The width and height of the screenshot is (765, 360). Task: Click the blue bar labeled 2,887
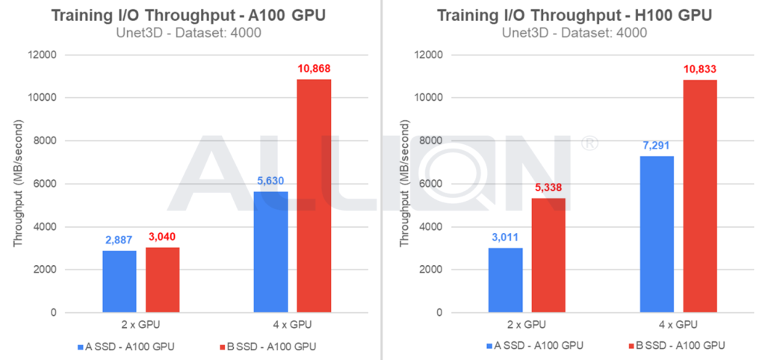tap(120, 282)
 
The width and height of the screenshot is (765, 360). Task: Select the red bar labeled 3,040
tap(162, 280)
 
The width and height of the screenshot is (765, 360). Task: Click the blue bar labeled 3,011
tap(506, 280)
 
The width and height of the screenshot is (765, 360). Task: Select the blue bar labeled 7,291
tap(657, 235)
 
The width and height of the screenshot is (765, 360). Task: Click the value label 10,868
tap(314, 69)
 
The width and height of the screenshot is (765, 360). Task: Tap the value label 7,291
tap(657, 146)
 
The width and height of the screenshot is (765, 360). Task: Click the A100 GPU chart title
tap(190, 16)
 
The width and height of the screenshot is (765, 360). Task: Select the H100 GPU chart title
tap(574, 16)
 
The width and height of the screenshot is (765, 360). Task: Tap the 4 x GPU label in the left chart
tap(292, 325)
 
